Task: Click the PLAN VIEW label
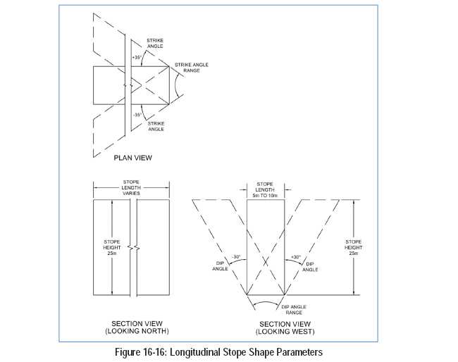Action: (x=133, y=158)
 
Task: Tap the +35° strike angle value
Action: (x=137, y=57)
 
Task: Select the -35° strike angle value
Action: (x=137, y=115)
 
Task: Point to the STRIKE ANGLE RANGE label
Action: (x=192, y=68)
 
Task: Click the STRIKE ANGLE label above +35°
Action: (x=155, y=43)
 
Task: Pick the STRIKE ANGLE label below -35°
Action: (x=156, y=126)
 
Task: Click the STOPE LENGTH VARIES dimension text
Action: (x=131, y=188)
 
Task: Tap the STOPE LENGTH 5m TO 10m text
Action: (x=265, y=189)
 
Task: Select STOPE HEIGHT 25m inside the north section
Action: (x=112, y=247)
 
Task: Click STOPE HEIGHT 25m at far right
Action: (x=354, y=247)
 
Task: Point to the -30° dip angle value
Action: (x=236, y=257)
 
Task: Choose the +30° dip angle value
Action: (x=296, y=257)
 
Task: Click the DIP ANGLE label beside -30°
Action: (x=220, y=266)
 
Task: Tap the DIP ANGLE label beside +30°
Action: (x=310, y=267)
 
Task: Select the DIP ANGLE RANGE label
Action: (x=294, y=310)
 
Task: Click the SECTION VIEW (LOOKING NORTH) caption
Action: (x=137, y=327)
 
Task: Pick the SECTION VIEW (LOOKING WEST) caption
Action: (x=285, y=328)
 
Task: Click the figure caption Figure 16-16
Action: (x=218, y=351)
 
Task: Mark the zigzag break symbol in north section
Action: (x=133, y=248)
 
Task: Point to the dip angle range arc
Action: (x=266, y=301)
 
